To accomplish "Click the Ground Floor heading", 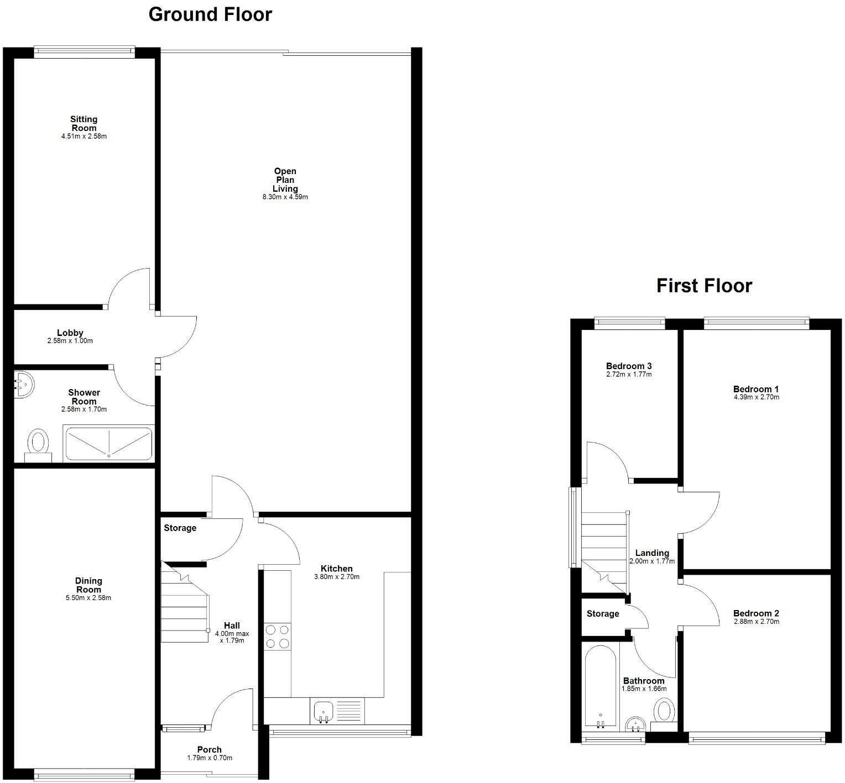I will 210,14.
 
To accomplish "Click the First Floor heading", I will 704,286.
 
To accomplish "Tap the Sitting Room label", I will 84,123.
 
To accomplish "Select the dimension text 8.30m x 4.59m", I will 285,197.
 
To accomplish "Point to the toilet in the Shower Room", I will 38,444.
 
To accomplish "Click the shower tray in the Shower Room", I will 109,443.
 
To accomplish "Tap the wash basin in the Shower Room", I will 23,383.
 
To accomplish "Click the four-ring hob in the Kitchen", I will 278,637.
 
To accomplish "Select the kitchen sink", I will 323,711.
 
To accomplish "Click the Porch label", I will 210,749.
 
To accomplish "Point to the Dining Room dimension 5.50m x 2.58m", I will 88,598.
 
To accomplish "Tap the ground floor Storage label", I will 180,528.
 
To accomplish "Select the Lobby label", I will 70,333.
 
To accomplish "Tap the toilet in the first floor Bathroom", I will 663,711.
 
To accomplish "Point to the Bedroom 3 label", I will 629,366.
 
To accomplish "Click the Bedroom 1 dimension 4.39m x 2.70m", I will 756,397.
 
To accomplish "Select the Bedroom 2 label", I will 756,613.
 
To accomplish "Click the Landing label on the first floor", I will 652,553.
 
